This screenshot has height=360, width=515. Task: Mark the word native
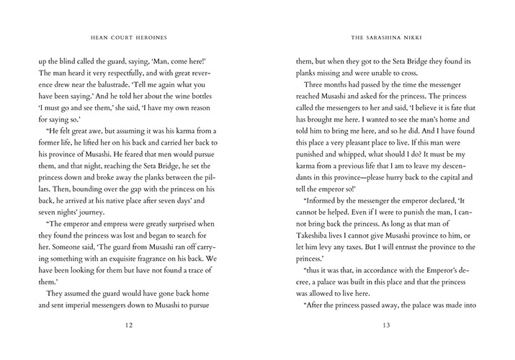click(128, 202)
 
